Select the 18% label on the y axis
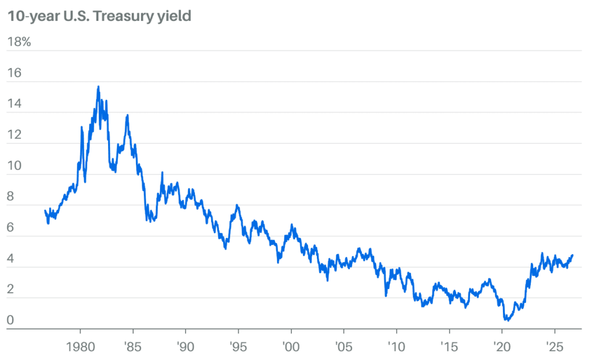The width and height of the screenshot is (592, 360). pyautogui.click(x=19, y=42)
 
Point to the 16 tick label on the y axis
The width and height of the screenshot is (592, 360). pyautogui.click(x=14, y=72)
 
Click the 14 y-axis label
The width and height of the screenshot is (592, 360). pyautogui.click(x=14, y=103)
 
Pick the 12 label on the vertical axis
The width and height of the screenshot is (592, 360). pyautogui.click(x=14, y=134)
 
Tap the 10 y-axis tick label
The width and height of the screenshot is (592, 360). pyautogui.click(x=14, y=165)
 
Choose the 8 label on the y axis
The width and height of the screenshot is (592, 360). pyautogui.click(x=10, y=196)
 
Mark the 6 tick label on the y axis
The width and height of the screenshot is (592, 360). pyautogui.click(x=10, y=227)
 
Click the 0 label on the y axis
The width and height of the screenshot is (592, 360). pyautogui.click(x=10, y=320)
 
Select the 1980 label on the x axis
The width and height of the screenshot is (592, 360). pyautogui.click(x=80, y=346)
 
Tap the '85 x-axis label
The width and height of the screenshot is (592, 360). pyautogui.click(x=132, y=346)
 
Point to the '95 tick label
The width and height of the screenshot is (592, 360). pyautogui.click(x=238, y=346)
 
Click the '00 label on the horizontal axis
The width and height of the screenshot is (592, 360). pyautogui.click(x=291, y=346)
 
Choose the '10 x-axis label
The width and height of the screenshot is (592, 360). pyautogui.click(x=396, y=346)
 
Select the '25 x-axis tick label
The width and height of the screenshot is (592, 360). pyautogui.click(x=554, y=346)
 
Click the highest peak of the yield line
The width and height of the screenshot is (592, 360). pyautogui.click(x=98, y=87)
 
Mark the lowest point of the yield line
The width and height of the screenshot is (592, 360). pyautogui.click(x=507, y=320)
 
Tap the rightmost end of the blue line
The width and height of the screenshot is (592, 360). pyautogui.click(x=572, y=255)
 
